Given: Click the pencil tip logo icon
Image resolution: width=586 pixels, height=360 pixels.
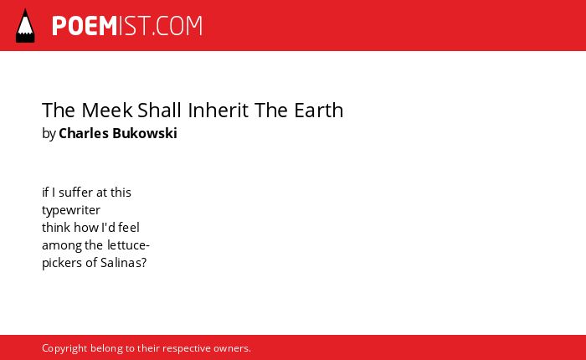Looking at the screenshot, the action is click(x=25, y=25).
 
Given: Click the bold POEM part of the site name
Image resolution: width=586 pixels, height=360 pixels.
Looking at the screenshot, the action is click(x=85, y=26).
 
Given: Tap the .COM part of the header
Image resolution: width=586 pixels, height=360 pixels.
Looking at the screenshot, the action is click(x=177, y=26).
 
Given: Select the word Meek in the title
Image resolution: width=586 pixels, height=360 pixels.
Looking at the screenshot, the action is click(x=107, y=110).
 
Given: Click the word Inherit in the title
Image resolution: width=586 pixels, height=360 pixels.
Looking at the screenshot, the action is click(x=218, y=110).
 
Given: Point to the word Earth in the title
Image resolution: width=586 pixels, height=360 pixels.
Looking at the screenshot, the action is click(x=319, y=110).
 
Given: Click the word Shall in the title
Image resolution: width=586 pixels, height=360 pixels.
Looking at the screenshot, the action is click(x=160, y=110).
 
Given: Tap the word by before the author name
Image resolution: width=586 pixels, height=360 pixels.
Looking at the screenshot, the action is click(x=49, y=133).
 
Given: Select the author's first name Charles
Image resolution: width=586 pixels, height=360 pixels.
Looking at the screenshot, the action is click(x=84, y=133).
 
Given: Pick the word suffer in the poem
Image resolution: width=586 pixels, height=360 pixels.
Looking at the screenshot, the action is click(x=76, y=193).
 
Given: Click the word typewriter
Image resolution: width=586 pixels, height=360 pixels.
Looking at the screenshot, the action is click(x=71, y=210).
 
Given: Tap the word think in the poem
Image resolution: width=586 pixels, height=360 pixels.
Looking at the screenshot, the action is click(x=56, y=227).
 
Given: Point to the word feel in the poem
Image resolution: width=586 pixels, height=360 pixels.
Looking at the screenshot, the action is click(x=129, y=227).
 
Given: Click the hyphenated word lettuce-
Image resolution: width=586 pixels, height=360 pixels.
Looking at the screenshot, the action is click(x=128, y=244).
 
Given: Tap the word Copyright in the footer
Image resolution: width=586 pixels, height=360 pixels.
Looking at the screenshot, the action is click(x=64, y=348).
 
